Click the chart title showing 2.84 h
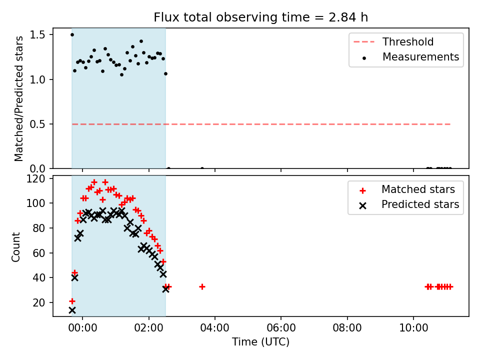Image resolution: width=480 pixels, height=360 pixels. [260, 17]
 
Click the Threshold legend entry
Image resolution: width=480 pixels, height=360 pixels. [393, 41]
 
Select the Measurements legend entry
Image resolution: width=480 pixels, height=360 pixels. [410, 57]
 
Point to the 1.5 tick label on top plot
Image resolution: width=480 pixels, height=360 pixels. [37, 35]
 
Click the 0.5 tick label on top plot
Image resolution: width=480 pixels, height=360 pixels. [37, 124]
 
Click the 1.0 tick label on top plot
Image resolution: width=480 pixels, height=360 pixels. [37, 79]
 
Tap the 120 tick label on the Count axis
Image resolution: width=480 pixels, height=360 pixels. [35, 178]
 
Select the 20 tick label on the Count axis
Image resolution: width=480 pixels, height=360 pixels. [39, 302]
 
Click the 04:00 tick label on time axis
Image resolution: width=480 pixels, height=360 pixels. [214, 328]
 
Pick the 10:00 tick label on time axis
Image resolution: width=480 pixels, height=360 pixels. [413, 328]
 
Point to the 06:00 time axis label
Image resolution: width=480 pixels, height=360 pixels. [281, 328]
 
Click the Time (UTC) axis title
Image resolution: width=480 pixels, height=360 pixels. [260, 341]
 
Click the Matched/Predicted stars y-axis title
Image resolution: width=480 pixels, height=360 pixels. [19, 98]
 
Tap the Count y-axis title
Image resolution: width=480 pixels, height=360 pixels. [16, 246]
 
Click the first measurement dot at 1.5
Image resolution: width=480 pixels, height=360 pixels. [72, 34]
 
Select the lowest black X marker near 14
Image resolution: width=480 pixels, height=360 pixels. [72, 310]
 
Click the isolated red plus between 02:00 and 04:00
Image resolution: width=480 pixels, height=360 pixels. [202, 287]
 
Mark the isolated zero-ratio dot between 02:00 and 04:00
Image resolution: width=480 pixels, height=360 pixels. [202, 168]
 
